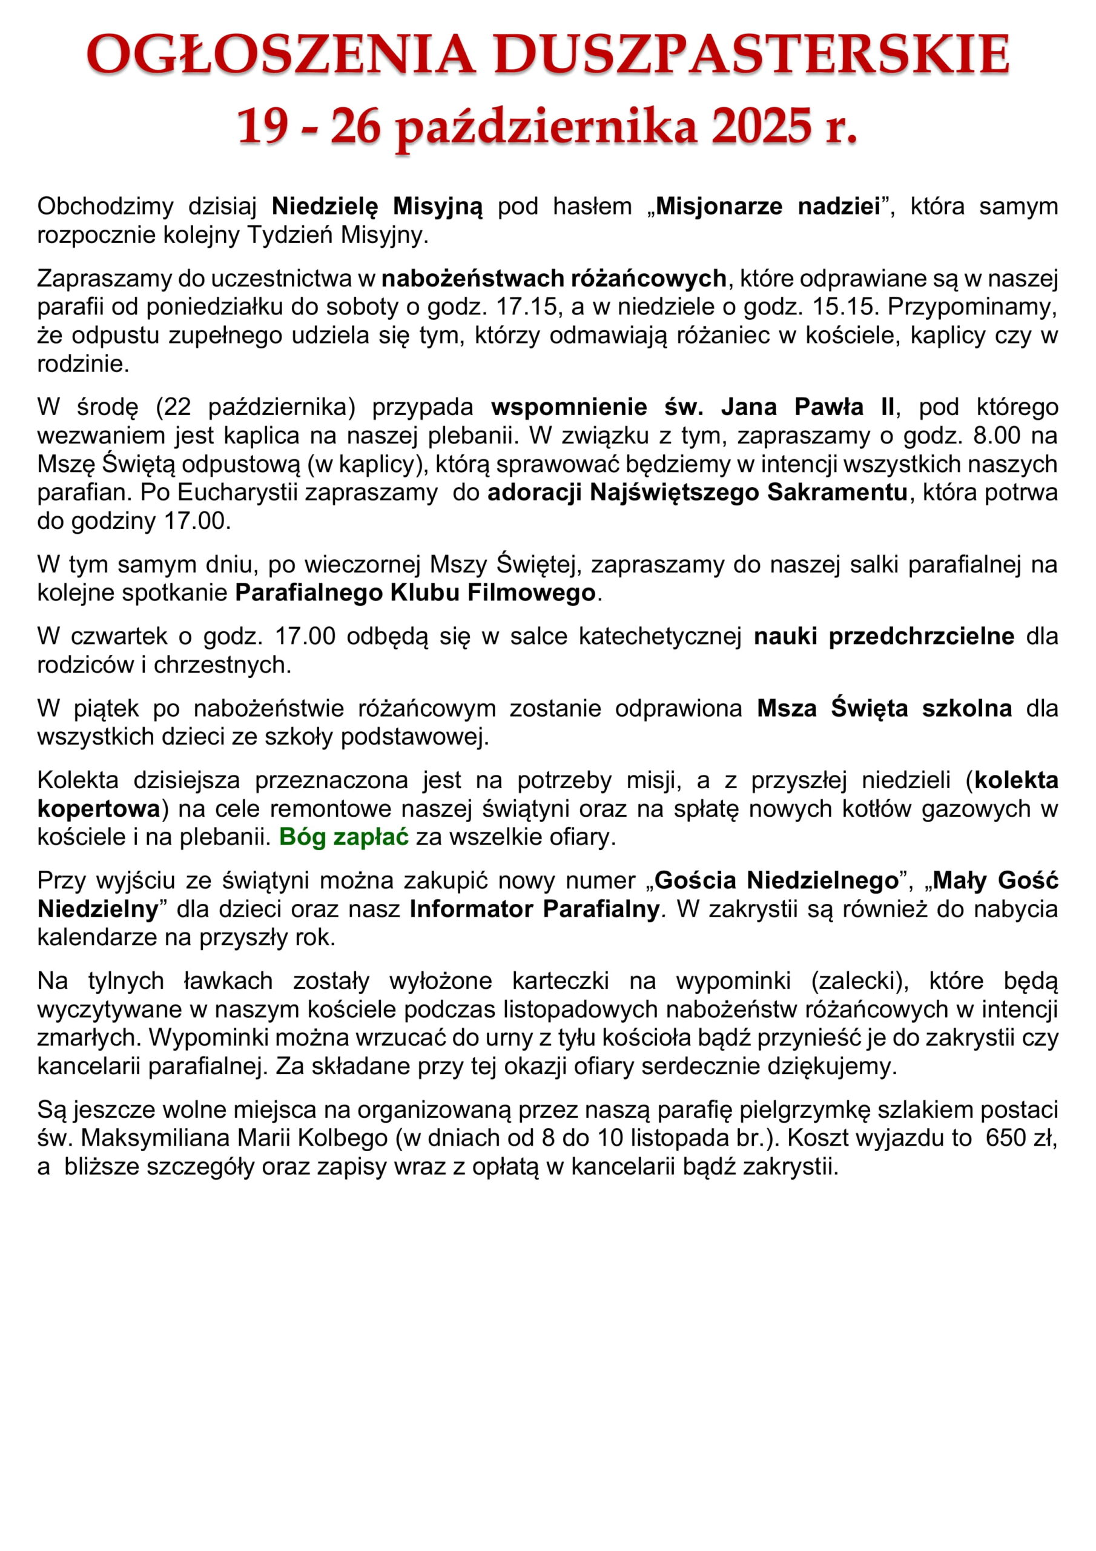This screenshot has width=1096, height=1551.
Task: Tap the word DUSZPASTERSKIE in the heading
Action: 751,55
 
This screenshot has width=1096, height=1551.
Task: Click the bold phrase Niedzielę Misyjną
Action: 377,206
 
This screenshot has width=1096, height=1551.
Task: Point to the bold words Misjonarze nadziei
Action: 768,206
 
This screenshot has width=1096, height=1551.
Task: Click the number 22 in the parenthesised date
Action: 177,407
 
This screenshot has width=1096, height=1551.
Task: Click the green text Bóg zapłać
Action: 344,837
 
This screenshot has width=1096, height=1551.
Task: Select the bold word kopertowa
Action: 99,809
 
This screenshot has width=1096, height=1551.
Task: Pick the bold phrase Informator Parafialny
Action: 534,909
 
